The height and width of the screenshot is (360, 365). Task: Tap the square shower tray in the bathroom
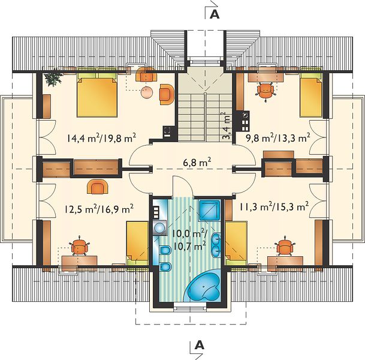[x=209, y=211]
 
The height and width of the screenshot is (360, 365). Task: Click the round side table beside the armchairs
[x=147, y=92]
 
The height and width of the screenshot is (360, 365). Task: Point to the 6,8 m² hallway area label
[x=197, y=162]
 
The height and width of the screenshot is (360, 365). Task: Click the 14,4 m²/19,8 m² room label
[x=101, y=138]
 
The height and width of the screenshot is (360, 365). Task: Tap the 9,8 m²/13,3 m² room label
[x=278, y=138]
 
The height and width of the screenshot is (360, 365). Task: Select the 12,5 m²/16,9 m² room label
[x=99, y=208]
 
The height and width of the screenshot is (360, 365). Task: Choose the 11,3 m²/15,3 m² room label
[x=274, y=206]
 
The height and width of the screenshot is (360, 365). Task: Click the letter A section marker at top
[x=215, y=14]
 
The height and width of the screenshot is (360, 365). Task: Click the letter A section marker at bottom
[x=200, y=345]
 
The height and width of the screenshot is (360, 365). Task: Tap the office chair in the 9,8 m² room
[x=266, y=91]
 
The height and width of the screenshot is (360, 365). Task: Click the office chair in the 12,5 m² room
[x=80, y=247]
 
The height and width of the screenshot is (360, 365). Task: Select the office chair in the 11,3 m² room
[x=285, y=247]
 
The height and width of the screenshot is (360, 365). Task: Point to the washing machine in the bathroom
[x=159, y=228]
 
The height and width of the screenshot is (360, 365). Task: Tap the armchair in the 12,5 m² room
[x=98, y=187]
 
